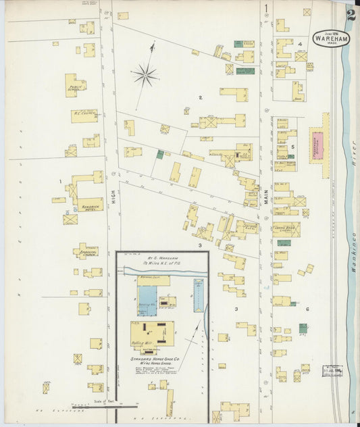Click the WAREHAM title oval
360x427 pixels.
[331, 39]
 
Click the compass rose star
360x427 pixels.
[145, 74]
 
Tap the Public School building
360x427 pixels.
[74, 86]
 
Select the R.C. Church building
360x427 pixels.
[84, 116]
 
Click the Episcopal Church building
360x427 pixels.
[86, 251]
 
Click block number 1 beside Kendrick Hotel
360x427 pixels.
[61, 181]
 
